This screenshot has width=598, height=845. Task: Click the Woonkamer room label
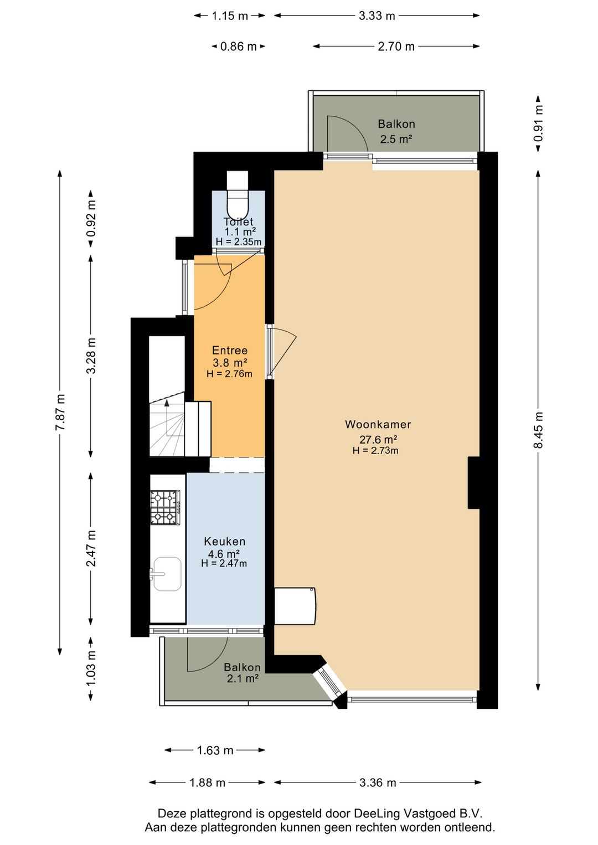[378, 424]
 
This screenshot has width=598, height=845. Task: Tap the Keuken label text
[224, 542]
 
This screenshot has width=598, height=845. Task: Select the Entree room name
[230, 350]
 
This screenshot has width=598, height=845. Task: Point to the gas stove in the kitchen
[165, 507]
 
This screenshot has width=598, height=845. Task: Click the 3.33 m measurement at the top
[377, 16]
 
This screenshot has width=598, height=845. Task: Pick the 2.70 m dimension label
[396, 47]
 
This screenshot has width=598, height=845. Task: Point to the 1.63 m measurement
[215, 750]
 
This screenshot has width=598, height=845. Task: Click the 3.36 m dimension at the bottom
[378, 782]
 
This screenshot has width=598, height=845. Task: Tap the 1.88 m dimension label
[207, 782]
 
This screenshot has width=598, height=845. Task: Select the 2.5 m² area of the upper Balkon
[396, 139]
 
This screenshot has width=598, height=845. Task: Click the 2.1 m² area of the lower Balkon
[243, 679]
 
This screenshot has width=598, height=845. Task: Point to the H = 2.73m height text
[375, 450]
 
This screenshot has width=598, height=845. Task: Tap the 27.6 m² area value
[378, 439]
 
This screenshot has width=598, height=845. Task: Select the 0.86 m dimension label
[239, 47]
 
